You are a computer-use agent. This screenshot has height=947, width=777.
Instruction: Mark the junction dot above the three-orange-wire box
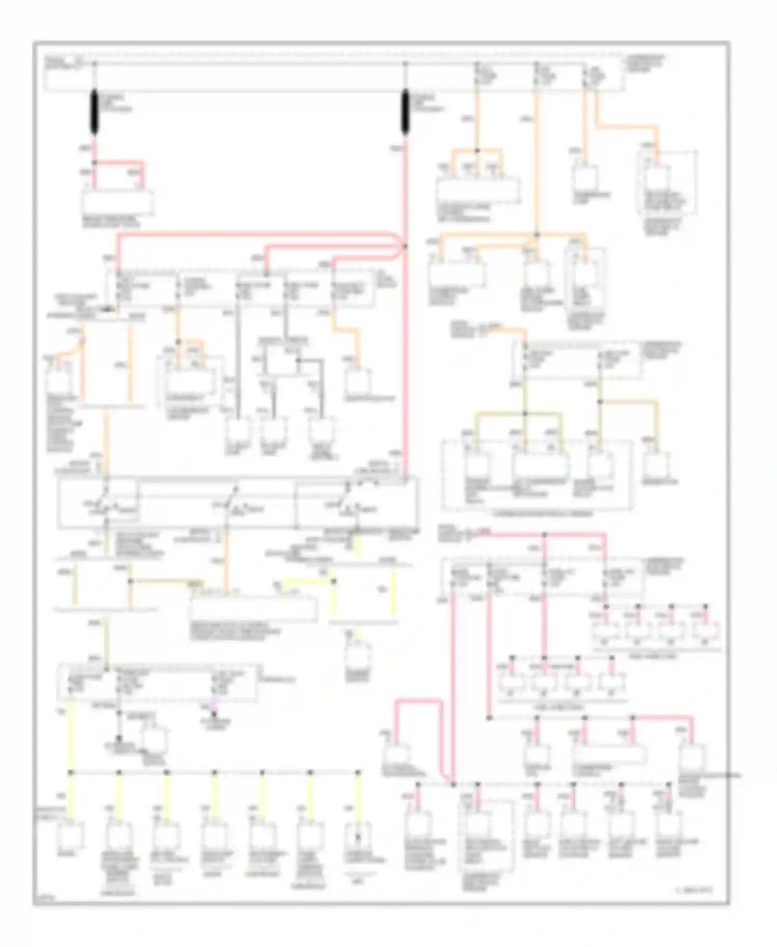click(x=478, y=151)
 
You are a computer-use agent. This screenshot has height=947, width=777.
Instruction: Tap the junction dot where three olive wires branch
click(x=524, y=413)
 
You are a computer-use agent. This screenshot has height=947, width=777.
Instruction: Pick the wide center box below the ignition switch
click(x=254, y=609)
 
